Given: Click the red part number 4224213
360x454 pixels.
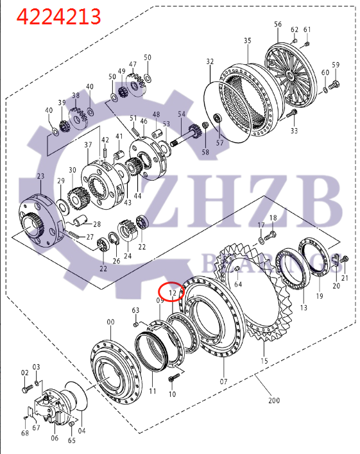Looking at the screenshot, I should (x=58, y=16).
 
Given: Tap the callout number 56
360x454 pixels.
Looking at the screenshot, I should (x=278, y=24).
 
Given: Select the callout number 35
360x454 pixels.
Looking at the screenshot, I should (x=248, y=40).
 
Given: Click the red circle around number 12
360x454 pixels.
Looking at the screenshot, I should (x=172, y=293).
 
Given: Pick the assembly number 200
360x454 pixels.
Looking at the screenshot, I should (x=274, y=401).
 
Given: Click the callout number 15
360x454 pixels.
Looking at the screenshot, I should (x=264, y=361).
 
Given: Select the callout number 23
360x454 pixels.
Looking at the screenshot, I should (x=40, y=176).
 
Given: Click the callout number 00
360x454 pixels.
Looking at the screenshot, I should (x=110, y=322).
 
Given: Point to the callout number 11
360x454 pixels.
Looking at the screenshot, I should (x=152, y=391).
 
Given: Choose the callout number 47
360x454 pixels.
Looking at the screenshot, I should (x=133, y=65).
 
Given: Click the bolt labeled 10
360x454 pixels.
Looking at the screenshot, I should (x=171, y=380).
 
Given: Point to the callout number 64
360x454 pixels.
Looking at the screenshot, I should (x=238, y=283).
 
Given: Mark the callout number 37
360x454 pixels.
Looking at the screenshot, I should (x=89, y=146).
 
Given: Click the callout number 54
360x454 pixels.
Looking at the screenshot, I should (x=182, y=113).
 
